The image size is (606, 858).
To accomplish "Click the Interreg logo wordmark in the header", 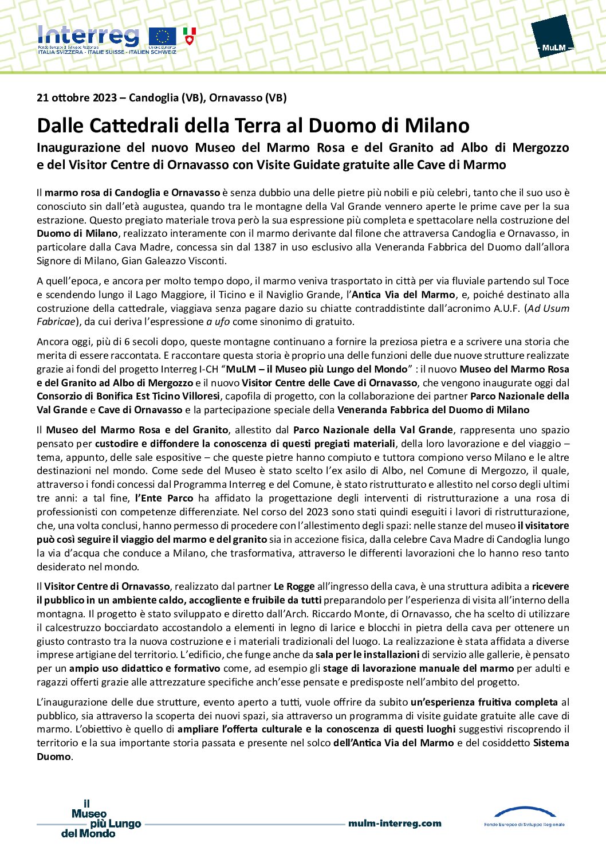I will tap(88, 36).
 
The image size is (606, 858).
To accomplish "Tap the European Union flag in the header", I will tap(162, 36).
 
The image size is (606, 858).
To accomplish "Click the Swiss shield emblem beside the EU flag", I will tap(189, 36).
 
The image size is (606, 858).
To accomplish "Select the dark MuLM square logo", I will tap(552, 37).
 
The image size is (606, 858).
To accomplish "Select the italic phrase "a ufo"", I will tap(218, 322).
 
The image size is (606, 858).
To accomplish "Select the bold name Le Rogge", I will tap(294, 586).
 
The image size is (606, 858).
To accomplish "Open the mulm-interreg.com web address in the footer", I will tap(395, 824).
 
